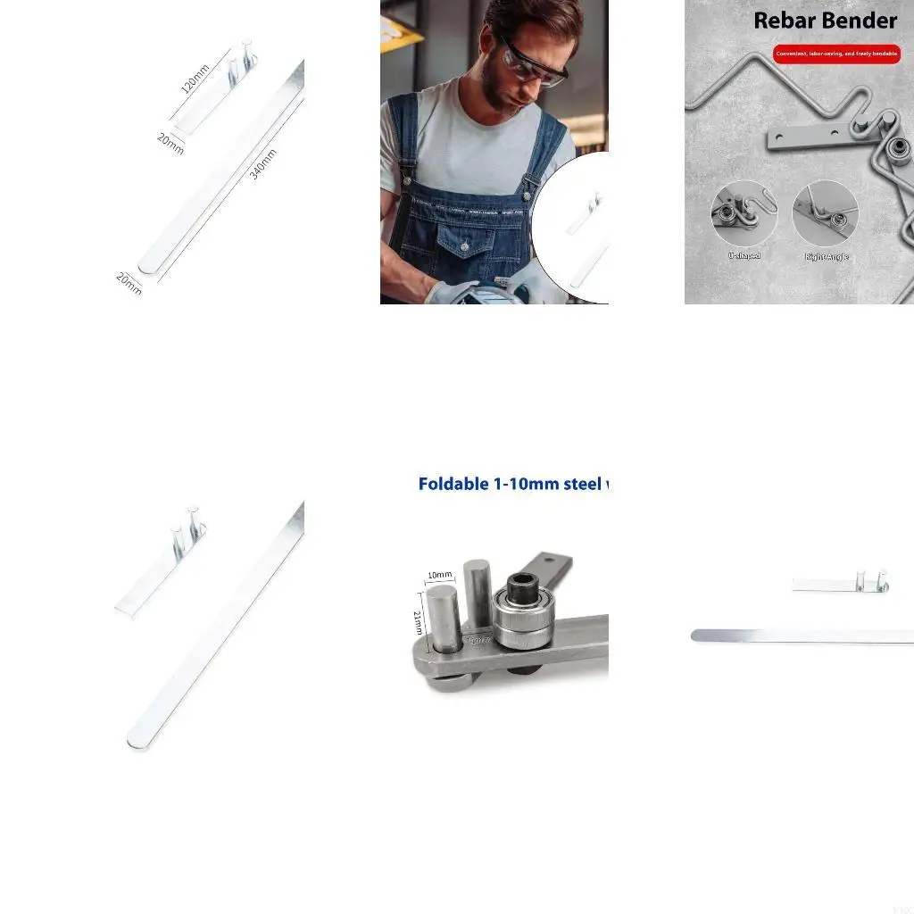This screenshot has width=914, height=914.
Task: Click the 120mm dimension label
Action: click(194, 79)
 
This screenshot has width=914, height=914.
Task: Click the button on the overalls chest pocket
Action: click(464, 245)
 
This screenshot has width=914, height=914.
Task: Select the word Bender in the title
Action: click(863, 20)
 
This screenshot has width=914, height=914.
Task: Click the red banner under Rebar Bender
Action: click(836, 54)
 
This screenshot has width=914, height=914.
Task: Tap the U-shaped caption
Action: click(744, 256)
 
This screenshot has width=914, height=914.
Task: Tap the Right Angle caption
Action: click(827, 257)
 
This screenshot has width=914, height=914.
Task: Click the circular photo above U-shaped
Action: click(744, 213)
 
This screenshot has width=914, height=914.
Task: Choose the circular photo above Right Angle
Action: click(826, 213)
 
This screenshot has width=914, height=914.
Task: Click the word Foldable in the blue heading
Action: click(453, 484)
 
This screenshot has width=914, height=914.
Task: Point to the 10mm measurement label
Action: click(438, 574)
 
